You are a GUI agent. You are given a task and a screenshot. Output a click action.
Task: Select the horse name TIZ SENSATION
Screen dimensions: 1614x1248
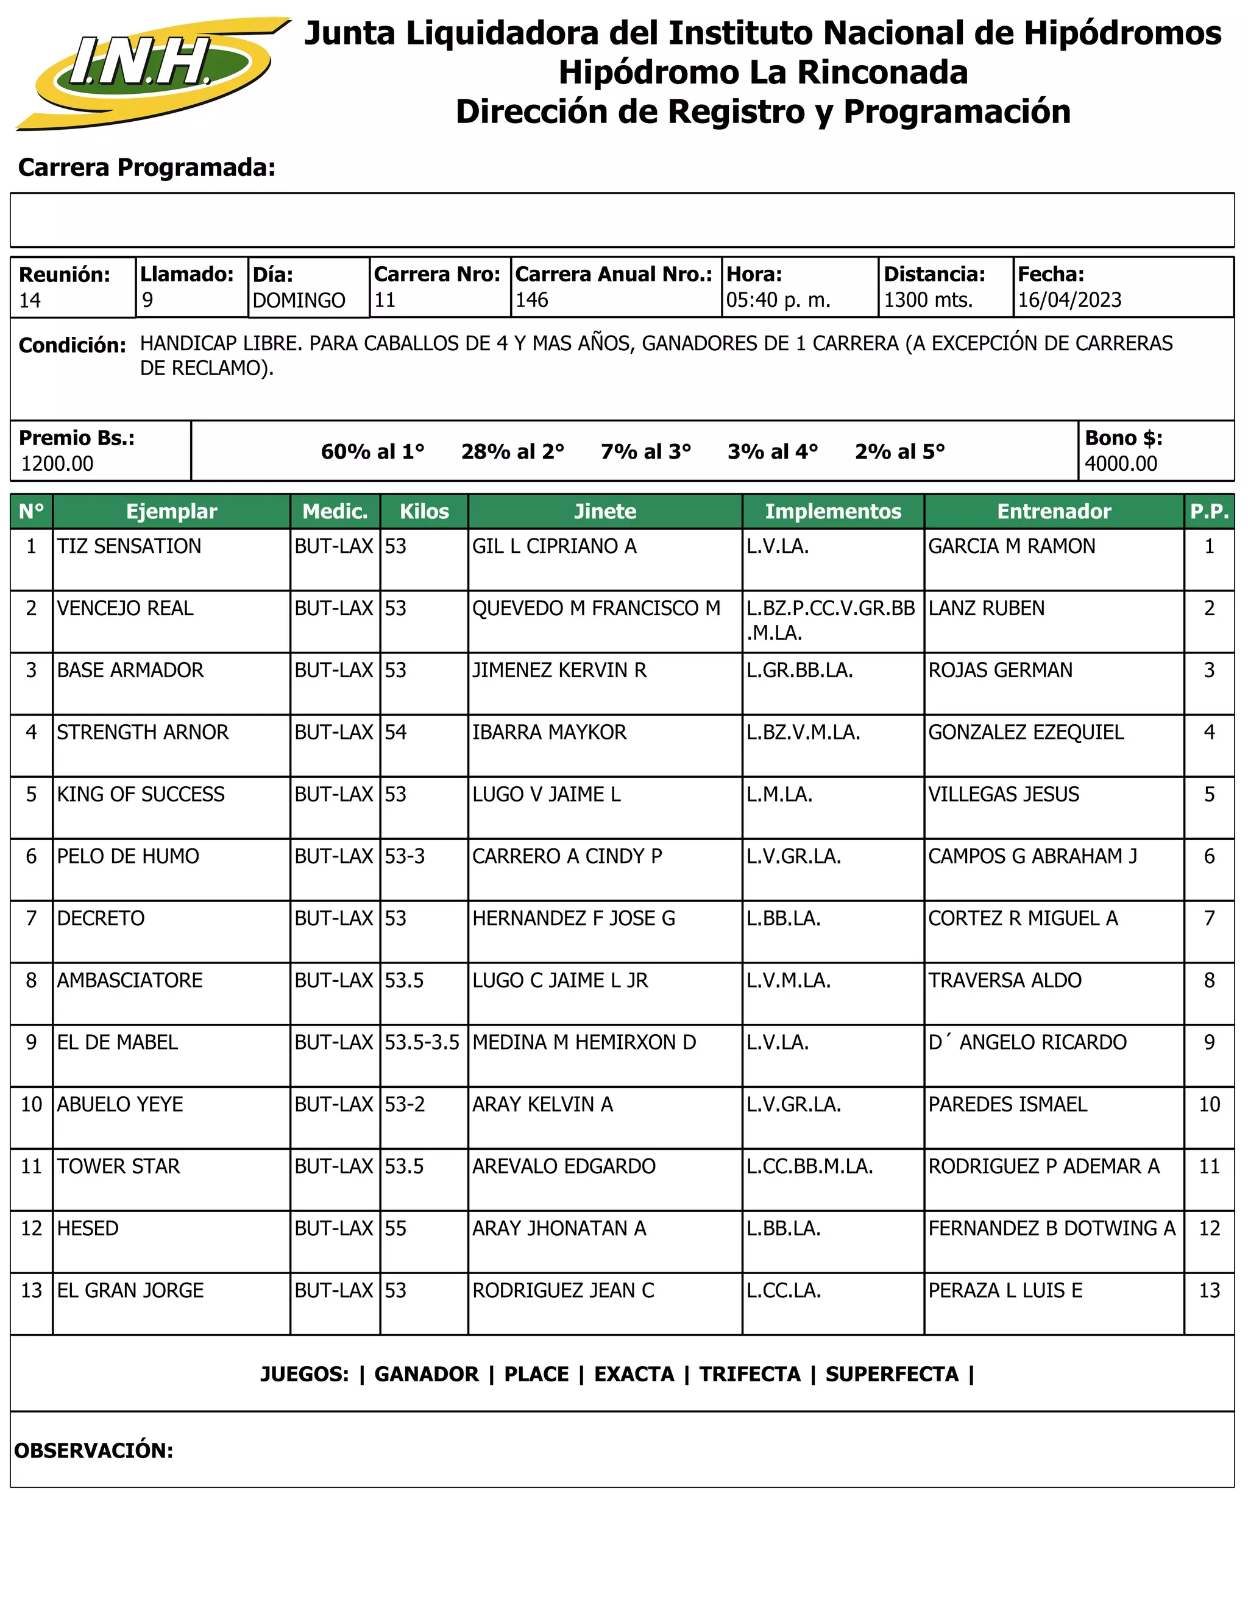pyautogui.click(x=129, y=546)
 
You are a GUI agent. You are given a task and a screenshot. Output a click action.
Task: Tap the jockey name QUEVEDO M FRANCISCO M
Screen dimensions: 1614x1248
pyautogui.click(x=596, y=608)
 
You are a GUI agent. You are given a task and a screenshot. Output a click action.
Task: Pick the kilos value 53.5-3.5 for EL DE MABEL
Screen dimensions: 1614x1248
pyautogui.click(x=422, y=1042)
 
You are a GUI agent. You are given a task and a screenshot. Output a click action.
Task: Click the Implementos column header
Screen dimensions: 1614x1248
pyautogui.click(x=833, y=512)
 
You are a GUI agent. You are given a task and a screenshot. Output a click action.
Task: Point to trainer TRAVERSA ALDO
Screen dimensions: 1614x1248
pyautogui.click(x=1005, y=980)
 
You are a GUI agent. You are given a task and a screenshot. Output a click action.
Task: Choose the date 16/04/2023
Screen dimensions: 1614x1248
pyautogui.click(x=1069, y=300)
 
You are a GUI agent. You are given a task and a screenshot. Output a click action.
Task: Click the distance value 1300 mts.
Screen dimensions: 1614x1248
pyautogui.click(x=929, y=300)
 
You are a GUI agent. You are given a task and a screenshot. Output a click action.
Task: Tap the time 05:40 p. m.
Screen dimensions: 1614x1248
pyautogui.click(x=779, y=300)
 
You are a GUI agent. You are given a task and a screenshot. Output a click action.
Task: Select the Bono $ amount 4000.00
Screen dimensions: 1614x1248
pyautogui.click(x=1121, y=463)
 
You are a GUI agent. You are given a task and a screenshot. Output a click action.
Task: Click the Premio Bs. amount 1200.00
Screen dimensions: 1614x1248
pyautogui.click(x=58, y=463)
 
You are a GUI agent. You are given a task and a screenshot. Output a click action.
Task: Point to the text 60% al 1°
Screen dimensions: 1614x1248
pyautogui.click(x=372, y=451)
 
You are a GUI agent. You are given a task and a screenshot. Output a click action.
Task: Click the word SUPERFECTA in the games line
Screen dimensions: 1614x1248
pyautogui.click(x=892, y=1374)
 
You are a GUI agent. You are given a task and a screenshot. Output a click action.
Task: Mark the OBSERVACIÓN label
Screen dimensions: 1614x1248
pyautogui.click(x=94, y=1450)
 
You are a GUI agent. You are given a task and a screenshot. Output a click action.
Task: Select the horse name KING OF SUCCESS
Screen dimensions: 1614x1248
pyautogui.click(x=141, y=794)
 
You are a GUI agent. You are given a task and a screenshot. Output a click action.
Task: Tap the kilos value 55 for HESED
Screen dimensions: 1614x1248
pyautogui.click(x=395, y=1228)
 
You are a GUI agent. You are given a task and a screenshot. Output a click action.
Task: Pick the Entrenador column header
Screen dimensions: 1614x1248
pyautogui.click(x=1054, y=512)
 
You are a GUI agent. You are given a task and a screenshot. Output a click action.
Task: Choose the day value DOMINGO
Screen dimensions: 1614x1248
pyautogui.click(x=299, y=300)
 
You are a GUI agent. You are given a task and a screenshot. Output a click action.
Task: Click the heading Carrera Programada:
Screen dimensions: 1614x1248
pyautogui.click(x=146, y=167)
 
